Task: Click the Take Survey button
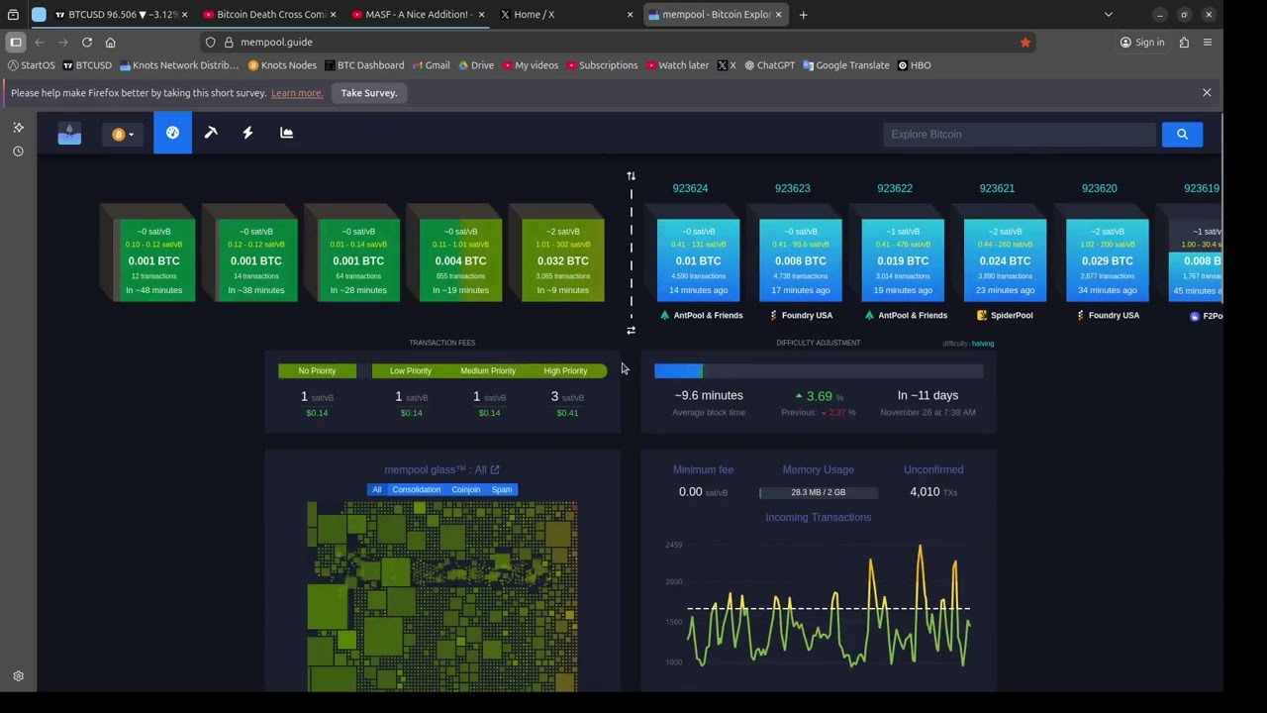[368, 93]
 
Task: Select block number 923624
[690, 188]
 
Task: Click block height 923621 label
[997, 188]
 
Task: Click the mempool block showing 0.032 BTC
[562, 260]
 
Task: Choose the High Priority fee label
[565, 371]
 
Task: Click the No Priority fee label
[317, 371]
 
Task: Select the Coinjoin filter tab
[465, 490]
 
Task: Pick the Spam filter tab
[502, 490]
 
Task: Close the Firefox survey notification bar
[1207, 92]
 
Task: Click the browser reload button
[87, 43]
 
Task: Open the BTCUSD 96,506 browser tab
[119, 15]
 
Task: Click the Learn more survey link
[297, 93]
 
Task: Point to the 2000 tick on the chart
[674, 582]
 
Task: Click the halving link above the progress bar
[983, 344]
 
